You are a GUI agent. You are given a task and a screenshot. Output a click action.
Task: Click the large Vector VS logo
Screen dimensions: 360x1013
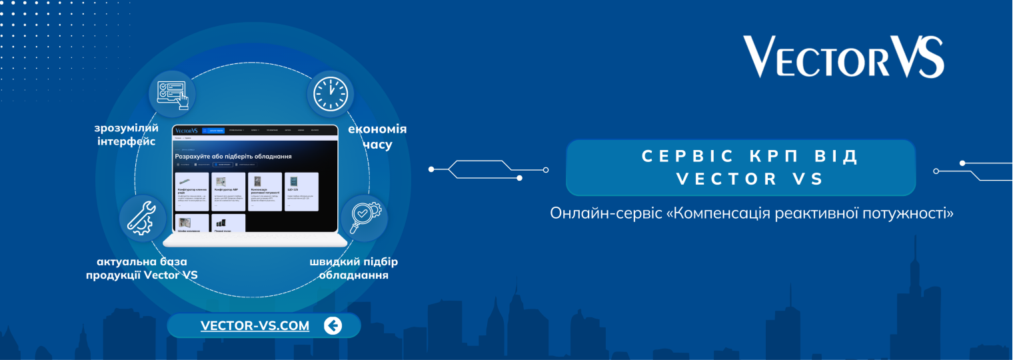(x=843, y=57)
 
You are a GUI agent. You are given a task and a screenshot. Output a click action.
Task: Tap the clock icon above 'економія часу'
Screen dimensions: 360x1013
(x=330, y=94)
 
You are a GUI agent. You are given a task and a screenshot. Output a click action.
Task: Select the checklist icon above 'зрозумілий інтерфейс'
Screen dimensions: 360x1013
(x=172, y=94)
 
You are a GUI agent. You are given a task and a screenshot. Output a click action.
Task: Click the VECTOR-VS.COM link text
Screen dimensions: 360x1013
(x=255, y=326)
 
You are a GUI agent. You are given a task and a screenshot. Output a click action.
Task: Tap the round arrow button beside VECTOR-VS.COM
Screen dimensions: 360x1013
(x=333, y=325)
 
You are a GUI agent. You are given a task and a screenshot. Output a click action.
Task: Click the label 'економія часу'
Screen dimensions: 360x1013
(x=377, y=137)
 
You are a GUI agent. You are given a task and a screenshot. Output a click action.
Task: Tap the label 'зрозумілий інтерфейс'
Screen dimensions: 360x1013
(x=126, y=135)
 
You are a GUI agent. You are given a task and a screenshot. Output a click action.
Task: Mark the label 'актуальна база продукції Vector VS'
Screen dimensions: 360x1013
(x=142, y=268)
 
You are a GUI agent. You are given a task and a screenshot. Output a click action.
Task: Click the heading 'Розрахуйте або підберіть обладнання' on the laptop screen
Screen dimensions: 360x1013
(x=233, y=156)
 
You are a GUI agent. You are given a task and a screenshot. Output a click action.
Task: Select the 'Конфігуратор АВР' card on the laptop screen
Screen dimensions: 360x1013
(x=228, y=191)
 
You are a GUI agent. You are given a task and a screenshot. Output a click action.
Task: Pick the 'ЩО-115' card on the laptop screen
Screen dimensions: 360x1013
(x=301, y=191)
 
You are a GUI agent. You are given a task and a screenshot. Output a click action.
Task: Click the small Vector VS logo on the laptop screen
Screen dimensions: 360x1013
(x=187, y=131)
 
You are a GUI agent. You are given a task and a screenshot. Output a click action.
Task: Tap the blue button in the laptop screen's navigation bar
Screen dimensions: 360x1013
(x=213, y=131)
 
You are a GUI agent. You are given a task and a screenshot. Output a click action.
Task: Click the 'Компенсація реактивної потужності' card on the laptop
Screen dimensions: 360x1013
(x=265, y=191)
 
